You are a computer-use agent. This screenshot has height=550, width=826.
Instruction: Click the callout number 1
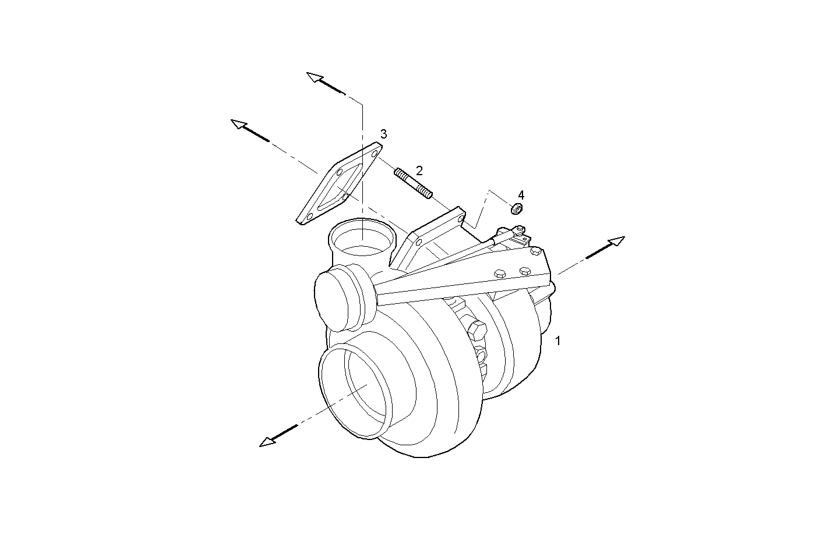[557, 341]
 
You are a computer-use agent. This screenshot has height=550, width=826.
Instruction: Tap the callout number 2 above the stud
[419, 171]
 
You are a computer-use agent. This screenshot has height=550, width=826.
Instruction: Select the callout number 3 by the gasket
[383, 134]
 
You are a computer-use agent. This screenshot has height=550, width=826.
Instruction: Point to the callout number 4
[521, 194]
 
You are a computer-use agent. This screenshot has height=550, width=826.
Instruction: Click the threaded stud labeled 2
[413, 183]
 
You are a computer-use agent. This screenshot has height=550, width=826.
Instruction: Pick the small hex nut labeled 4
[516, 208]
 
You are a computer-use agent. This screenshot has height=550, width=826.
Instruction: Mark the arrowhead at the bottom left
[267, 442]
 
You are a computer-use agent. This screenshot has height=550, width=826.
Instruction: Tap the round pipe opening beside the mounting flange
[361, 239]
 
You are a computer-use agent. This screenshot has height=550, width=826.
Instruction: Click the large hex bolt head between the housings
[476, 330]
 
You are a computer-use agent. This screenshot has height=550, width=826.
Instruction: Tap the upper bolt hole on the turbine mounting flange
[461, 219]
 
